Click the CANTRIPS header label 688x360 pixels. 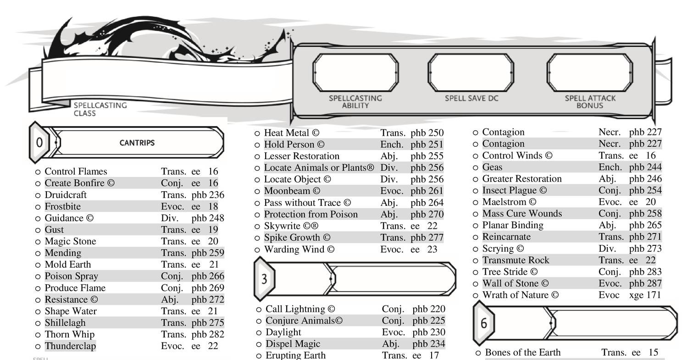point(137,143)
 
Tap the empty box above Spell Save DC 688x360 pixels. point(471,72)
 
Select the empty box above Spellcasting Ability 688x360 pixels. point(355,72)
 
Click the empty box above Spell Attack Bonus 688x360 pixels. point(590,72)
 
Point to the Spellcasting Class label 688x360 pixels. point(100,109)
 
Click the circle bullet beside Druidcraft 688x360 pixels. point(38,195)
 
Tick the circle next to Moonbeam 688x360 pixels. point(257,191)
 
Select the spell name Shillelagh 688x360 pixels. point(65,322)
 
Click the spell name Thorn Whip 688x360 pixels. point(69,334)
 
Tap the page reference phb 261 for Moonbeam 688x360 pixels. point(427,191)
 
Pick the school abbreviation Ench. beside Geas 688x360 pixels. point(610,167)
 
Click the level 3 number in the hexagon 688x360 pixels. point(264,279)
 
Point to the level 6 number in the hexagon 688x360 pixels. point(484,323)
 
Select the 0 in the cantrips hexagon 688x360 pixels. point(39,143)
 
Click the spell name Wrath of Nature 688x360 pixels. point(516,295)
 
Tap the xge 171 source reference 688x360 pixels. point(645,295)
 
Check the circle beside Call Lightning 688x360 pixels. point(259,309)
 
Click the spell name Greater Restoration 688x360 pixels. point(522,178)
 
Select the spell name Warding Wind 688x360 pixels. point(294,249)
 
